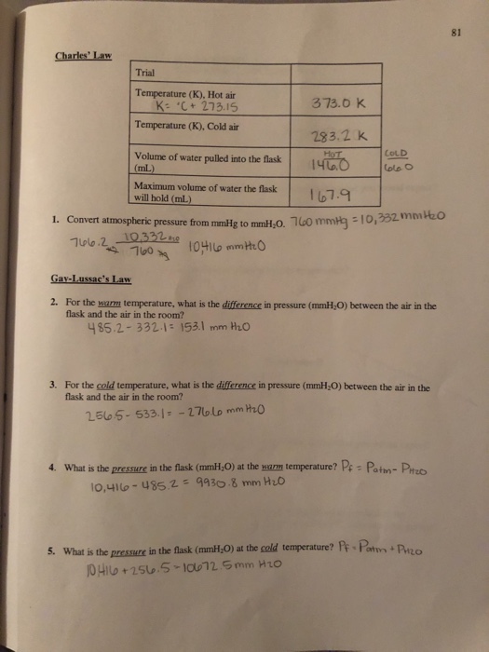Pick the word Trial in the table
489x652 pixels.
point(146,74)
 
